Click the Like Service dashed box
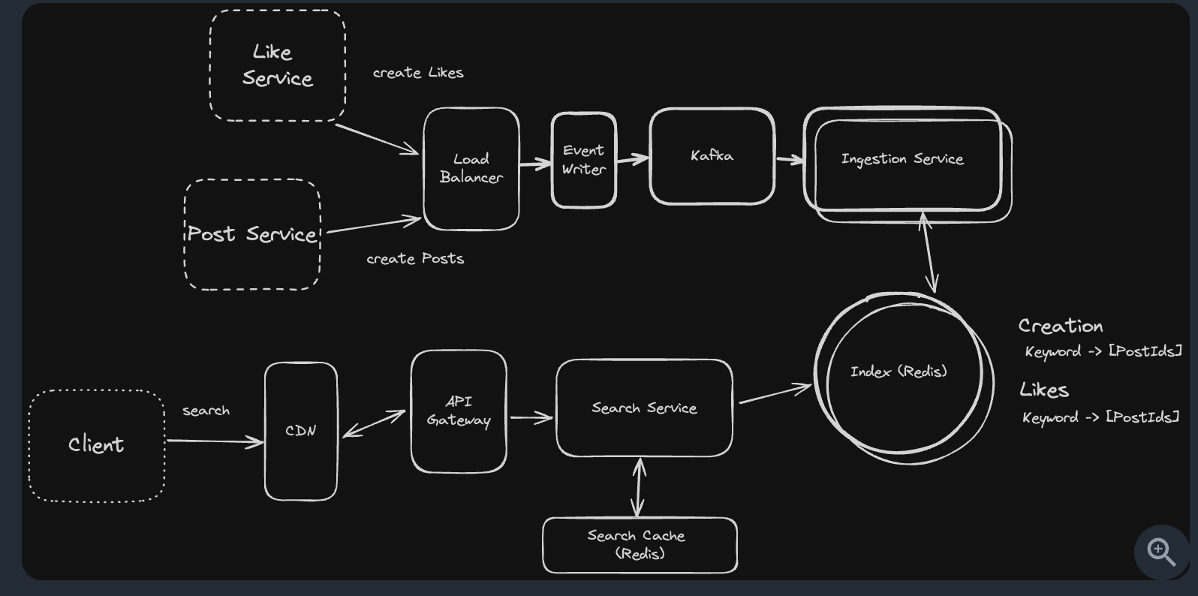[277, 65]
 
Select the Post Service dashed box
[252, 234]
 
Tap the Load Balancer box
[471, 168]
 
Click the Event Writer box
[583, 160]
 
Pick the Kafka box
[712, 156]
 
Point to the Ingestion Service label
[902, 159]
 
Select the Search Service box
[644, 408]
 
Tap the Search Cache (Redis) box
[639, 545]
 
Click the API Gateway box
[458, 411]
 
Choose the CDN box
[300, 431]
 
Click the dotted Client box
[96, 445]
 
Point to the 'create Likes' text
[418, 73]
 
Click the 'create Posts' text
[415, 259]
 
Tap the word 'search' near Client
[206, 411]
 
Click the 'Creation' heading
[1060, 326]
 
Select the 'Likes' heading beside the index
[1043, 390]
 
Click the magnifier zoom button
[1160, 552]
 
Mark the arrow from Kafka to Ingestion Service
[789, 159]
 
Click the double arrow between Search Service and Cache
[639, 487]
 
